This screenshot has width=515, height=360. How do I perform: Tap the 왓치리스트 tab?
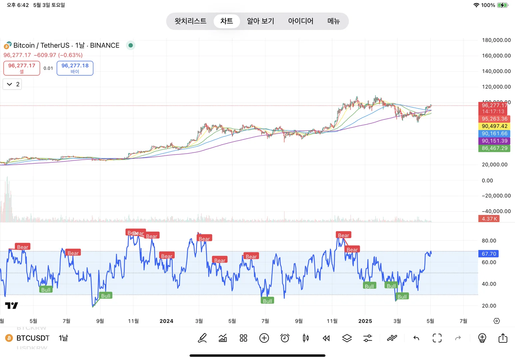(190, 21)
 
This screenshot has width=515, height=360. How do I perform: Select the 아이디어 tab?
(300, 21)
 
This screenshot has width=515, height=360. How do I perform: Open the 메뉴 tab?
(333, 21)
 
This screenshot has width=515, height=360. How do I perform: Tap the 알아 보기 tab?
(260, 21)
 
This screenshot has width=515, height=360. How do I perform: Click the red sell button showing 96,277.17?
(22, 68)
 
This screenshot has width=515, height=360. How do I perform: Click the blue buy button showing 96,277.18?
(75, 68)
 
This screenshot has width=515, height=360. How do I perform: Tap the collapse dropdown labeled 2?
(12, 84)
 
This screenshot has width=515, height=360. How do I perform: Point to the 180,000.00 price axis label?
(496, 40)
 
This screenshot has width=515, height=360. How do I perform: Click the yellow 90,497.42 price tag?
(494, 126)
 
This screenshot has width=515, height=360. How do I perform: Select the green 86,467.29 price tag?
(494, 148)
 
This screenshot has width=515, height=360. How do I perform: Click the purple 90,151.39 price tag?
(494, 141)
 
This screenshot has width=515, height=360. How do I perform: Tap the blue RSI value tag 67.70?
(489, 254)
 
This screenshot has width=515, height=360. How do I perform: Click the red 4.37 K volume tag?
(489, 219)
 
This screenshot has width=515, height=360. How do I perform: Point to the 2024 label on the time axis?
(166, 321)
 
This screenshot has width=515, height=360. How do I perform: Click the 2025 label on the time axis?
(365, 321)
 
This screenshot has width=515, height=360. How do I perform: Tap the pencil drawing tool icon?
(202, 338)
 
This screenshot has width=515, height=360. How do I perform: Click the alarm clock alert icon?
(285, 338)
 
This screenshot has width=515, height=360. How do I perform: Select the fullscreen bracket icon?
(437, 338)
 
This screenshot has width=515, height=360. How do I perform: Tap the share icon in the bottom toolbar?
(503, 338)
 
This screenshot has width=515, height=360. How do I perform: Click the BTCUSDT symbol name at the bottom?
(33, 338)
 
